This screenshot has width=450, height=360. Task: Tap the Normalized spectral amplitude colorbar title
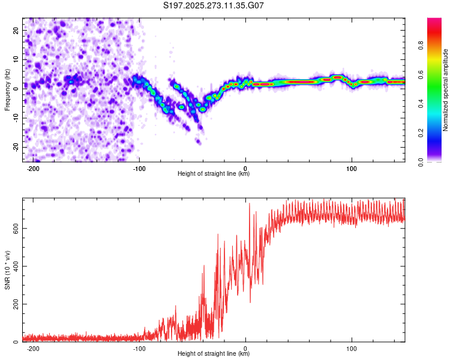pos(445,90)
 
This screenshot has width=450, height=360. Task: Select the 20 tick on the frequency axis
pos(16,29)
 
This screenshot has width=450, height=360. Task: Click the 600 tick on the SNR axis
pos(13,229)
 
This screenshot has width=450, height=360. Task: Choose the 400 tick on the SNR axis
pos(13,266)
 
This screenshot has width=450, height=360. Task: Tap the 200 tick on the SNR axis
pos(13,304)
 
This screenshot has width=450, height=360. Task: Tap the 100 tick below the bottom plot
pos(352,347)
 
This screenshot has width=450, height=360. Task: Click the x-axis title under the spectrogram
pos(214,174)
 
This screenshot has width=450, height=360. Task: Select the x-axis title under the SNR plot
pos(214,354)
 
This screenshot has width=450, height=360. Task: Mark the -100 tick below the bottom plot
pos(139,347)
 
